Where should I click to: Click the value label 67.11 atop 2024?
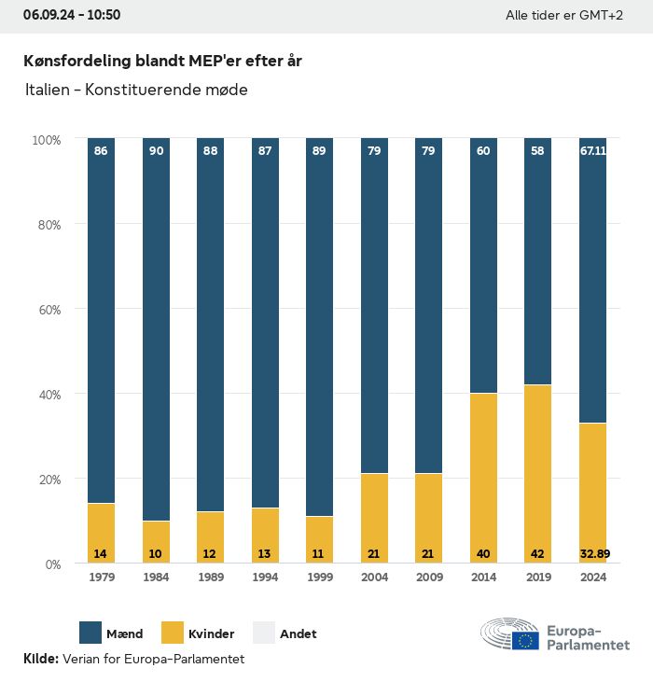tap(592, 150)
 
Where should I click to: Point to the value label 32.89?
tap(592, 554)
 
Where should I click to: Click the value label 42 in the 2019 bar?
tap(538, 554)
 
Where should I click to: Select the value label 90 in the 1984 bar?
tap(156, 150)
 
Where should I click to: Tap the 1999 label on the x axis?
tap(320, 577)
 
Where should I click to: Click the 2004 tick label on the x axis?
tap(374, 577)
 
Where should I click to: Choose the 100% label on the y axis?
tap(47, 140)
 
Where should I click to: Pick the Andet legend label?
tap(299, 633)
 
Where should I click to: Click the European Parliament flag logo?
tap(524, 640)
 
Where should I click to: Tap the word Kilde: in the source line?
tap(41, 660)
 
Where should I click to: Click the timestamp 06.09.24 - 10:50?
tap(72, 15)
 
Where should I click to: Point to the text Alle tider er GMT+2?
tap(563, 16)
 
